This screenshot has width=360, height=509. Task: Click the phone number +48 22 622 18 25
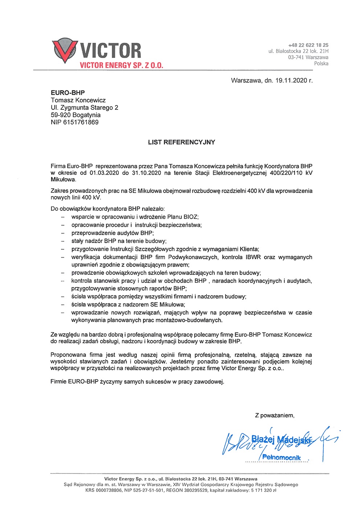point(308,45)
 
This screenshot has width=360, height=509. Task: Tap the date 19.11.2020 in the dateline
point(291,81)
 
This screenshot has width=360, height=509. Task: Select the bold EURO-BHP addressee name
point(68,93)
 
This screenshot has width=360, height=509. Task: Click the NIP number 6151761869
point(81,122)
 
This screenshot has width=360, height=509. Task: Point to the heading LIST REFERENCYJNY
point(181,142)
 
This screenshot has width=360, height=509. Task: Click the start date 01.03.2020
point(104,173)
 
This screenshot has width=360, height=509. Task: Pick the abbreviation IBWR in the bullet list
point(253,257)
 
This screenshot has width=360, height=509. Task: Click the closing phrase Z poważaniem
point(274,415)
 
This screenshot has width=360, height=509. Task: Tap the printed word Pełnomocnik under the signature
point(281,457)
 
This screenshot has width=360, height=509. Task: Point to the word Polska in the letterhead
point(321,63)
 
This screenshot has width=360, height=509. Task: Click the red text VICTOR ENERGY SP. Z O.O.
point(121,65)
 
